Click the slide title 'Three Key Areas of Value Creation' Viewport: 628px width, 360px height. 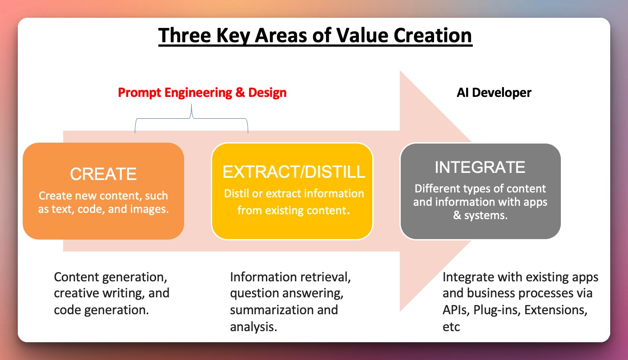[315, 36]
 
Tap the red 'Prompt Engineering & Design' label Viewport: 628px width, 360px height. [202, 93]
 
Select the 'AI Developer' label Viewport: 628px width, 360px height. [494, 93]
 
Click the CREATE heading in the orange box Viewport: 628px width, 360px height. [103, 174]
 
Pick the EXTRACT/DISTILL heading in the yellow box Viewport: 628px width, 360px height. [294, 172]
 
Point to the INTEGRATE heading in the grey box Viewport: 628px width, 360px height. [480, 167]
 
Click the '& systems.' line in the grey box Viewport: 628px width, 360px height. [480, 216]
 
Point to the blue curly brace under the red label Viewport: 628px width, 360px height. [192, 119]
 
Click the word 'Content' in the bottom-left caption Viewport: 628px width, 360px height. [76, 277]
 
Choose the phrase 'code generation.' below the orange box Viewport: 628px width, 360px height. [101, 310]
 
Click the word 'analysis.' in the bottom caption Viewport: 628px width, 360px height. [254, 327]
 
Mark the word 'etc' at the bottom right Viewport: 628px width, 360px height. [451, 327]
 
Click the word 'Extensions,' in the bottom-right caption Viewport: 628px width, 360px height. [556, 310]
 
